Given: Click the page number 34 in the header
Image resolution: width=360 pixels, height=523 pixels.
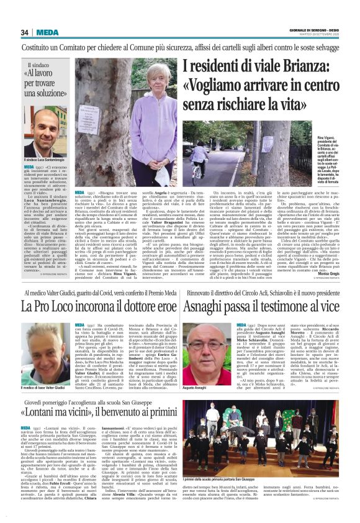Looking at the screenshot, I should (x=25, y=32).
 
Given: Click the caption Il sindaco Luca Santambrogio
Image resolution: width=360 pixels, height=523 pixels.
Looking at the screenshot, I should (x=50, y=161).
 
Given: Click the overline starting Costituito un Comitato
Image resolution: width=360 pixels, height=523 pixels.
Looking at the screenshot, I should (x=179, y=47).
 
